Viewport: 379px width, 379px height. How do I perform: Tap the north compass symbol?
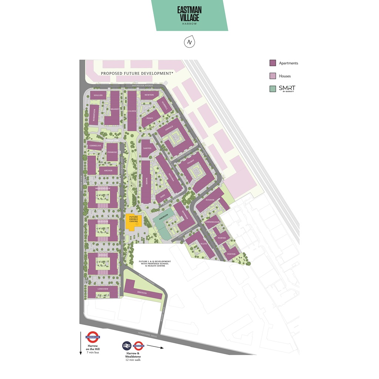tap(189, 42)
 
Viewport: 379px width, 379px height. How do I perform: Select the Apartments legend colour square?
tap(273, 63)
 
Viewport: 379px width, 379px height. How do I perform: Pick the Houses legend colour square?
tap(273, 76)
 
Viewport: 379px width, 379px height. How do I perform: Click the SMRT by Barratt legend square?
tap(273, 88)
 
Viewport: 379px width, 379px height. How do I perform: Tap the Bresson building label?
tap(142, 293)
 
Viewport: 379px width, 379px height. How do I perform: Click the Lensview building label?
tap(103, 288)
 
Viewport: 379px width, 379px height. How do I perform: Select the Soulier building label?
tap(98, 95)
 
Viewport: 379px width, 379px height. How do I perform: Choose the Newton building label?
tap(149, 95)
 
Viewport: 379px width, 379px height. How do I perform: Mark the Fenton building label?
tap(231, 254)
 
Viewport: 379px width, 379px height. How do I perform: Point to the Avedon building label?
tap(210, 200)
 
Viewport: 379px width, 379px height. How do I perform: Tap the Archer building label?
tap(108, 171)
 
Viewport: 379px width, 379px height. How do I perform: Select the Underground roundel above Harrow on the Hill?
tap(93, 337)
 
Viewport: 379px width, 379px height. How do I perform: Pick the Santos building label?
tap(147, 148)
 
